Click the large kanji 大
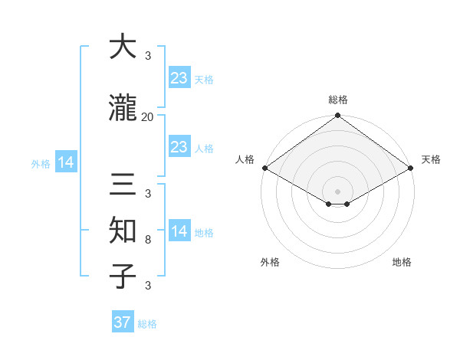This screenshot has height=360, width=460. click(123, 47)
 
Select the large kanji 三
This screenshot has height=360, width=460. click(123, 185)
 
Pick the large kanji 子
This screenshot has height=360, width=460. click(123, 277)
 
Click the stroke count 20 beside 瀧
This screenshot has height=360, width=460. click(148, 117)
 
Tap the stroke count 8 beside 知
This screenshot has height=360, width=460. click(148, 241)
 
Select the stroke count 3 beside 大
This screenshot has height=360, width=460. click(148, 56)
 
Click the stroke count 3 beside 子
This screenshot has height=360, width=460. click(148, 286)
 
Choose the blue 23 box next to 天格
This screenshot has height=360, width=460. click(179, 78)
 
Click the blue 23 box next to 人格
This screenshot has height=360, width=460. click(179, 147)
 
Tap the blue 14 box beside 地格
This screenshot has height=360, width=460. click(179, 232)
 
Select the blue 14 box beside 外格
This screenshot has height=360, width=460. click(66, 162)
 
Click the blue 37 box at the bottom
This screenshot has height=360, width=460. click(123, 322)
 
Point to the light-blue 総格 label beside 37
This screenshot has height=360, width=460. click(148, 324)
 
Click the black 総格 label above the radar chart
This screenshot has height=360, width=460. click(338, 100)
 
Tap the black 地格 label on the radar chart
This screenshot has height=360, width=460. click(402, 262)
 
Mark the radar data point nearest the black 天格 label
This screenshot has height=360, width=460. click(412, 168)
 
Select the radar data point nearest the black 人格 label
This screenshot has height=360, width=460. click(264, 168)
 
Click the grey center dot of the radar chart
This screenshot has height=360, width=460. click(337, 190)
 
